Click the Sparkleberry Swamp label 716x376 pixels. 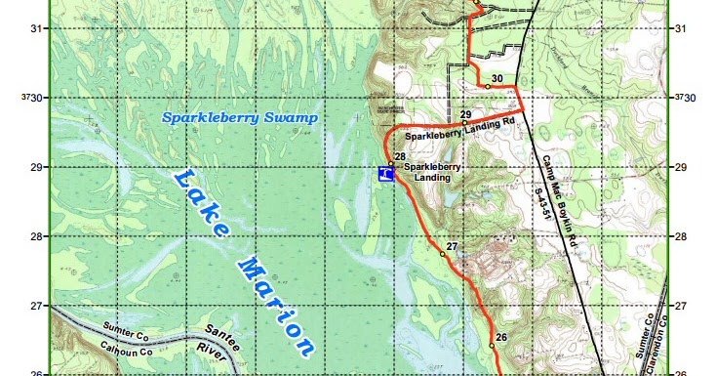pyautogui.click(x=240, y=118)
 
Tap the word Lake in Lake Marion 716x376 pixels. pyautogui.click(x=202, y=206)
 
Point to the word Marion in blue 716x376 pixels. pyautogui.click(x=277, y=304)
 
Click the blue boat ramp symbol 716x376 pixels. pyautogui.click(x=385, y=174)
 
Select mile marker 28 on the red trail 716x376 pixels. pyautogui.click(x=391, y=164)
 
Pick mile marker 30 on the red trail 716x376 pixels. pyautogui.click(x=488, y=87)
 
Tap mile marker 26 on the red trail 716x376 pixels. pyautogui.click(x=492, y=346)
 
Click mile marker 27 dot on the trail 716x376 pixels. pyautogui.click(x=443, y=254)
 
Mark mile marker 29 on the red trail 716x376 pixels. pyautogui.click(x=464, y=123)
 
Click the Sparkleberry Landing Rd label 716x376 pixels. pyautogui.click(x=459, y=129)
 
